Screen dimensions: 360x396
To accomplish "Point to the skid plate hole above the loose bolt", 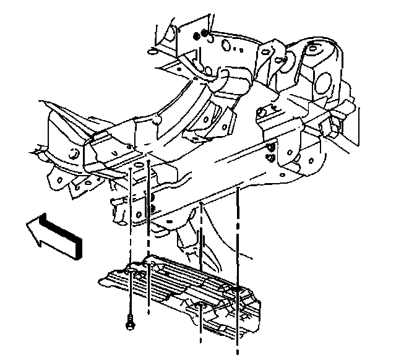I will tap(131, 270).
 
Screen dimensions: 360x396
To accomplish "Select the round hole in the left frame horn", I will tap(73, 155).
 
